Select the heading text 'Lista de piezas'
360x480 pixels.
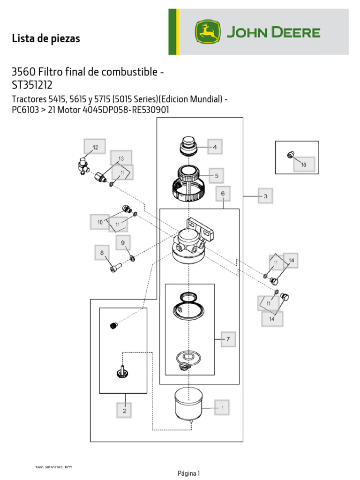pyautogui.click(x=46, y=39)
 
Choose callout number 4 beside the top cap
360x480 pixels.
pyautogui.click(x=215, y=147)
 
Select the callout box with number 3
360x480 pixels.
pyautogui.click(x=265, y=196)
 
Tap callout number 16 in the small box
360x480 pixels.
pyautogui.click(x=303, y=165)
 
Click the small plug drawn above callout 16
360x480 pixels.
pyautogui.click(x=290, y=154)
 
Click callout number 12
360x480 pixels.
pyautogui.click(x=95, y=147)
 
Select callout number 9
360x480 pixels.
pyautogui.click(x=123, y=243)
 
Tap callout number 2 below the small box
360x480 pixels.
pyautogui.click(x=124, y=411)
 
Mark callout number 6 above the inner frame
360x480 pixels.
pyautogui.click(x=223, y=193)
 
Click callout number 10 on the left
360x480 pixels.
pyautogui.click(x=99, y=221)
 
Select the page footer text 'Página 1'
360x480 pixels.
pyautogui.click(x=189, y=473)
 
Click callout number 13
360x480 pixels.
pyautogui.click(x=121, y=158)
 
